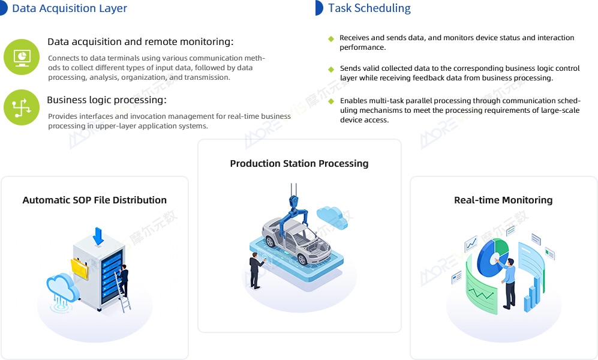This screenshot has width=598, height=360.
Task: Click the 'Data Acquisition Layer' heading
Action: tap(70, 8)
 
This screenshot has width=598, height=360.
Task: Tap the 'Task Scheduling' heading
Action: tap(369, 8)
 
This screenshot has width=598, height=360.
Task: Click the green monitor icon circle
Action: tap(22, 57)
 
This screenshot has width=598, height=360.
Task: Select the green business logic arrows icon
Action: tap(22, 107)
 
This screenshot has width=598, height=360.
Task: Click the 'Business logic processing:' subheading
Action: tap(107, 100)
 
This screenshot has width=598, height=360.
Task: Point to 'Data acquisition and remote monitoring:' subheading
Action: tap(140, 41)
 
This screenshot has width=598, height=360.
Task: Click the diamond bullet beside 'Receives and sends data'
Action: tap(331, 38)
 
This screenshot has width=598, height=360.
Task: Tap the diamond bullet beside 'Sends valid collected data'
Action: tap(331, 70)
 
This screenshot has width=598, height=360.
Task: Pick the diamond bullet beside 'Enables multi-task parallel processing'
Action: tap(331, 101)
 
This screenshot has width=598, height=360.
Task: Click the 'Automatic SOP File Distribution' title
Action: tap(95, 200)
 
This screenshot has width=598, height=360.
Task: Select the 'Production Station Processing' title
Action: tap(299, 164)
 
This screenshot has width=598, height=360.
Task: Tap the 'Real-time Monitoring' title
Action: tap(503, 200)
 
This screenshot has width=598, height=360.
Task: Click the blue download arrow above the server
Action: tap(98, 236)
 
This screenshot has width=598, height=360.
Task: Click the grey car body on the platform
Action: tap(296, 240)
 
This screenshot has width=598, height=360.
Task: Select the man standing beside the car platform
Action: tap(255, 271)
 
